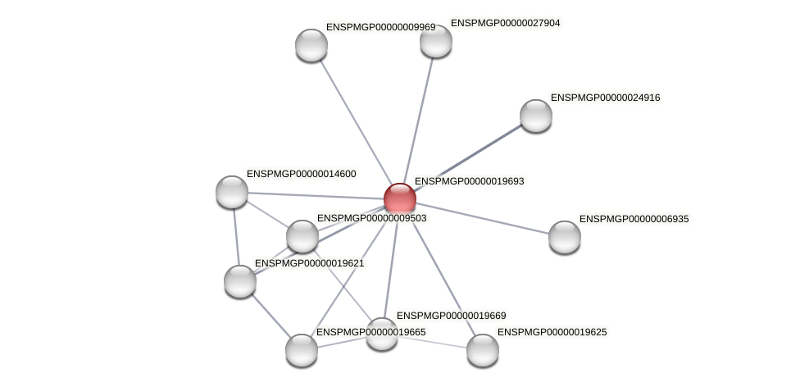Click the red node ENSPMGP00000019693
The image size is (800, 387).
pyautogui.click(x=400, y=198)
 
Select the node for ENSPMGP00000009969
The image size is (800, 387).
pyautogui.click(x=311, y=45)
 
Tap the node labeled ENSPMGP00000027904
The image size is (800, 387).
pyautogui.click(x=436, y=41)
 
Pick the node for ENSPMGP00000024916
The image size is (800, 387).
pyautogui.click(x=536, y=116)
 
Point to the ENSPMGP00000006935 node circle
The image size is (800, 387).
pyautogui.click(x=565, y=237)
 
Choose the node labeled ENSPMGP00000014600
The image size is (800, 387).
pyautogui.click(x=232, y=192)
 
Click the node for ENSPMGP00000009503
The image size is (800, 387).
pyautogui.click(x=302, y=236)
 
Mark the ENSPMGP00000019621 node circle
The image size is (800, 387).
pyautogui.click(x=240, y=281)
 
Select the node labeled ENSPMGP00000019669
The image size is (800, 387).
pyautogui.click(x=382, y=334)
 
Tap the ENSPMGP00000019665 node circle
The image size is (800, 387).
pyautogui.click(x=302, y=350)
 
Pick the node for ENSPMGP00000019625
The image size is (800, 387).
pyautogui.click(x=483, y=350)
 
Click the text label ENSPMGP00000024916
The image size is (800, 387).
pyautogui.click(x=605, y=98)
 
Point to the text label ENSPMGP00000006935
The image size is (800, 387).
pyautogui.click(x=634, y=219)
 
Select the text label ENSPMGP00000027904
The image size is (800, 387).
pyautogui.click(x=505, y=23)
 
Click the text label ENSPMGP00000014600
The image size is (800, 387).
pyautogui.click(x=301, y=174)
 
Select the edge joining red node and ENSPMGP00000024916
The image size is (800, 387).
pyautogui.click(x=468, y=157)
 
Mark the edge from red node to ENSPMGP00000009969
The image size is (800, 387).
pyautogui.click(x=356, y=121)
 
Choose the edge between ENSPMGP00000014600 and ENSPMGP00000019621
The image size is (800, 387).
pyautogui.click(x=236, y=236)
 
